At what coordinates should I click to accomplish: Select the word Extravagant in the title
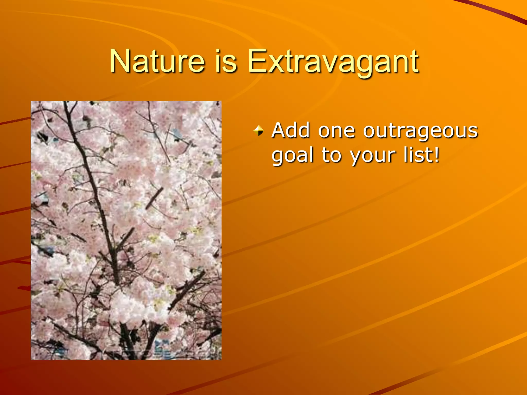click(x=333, y=62)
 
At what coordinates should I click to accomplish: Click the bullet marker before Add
click(x=258, y=131)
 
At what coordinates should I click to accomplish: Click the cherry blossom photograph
click(x=126, y=230)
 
